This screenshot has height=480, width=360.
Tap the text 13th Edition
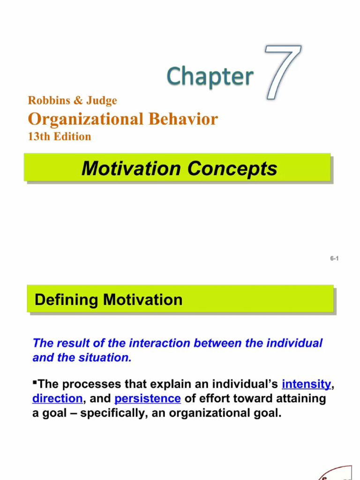pos(60,136)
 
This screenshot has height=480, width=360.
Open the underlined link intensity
pos(307,384)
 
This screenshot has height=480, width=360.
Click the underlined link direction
pos(57,398)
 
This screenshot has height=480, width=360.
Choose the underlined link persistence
pos(148,398)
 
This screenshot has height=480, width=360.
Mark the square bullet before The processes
pos(35,382)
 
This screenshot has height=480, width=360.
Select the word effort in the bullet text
pos(213,398)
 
